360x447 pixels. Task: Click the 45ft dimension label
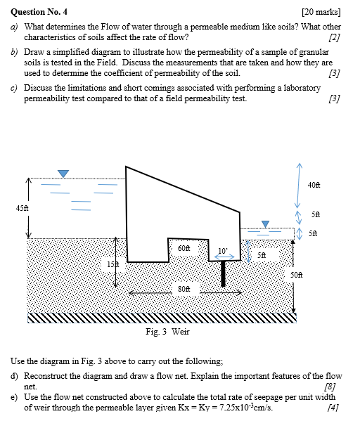click(x=22, y=208)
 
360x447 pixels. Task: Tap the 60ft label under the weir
click(x=184, y=248)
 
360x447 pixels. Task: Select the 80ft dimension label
click(x=184, y=289)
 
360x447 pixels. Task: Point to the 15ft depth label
click(x=112, y=264)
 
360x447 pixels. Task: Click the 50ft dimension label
click(x=297, y=275)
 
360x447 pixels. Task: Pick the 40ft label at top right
click(x=314, y=185)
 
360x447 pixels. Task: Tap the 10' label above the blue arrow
click(x=223, y=251)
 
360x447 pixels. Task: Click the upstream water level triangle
click(x=63, y=174)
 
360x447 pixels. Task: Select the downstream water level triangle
click(x=265, y=224)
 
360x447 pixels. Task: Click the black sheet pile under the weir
click(x=223, y=273)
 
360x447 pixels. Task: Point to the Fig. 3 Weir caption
click(x=167, y=332)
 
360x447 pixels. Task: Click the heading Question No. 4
click(x=39, y=12)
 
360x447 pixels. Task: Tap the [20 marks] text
click(x=321, y=12)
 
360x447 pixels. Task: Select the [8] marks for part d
click(x=330, y=387)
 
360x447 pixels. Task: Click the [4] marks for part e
click(x=333, y=408)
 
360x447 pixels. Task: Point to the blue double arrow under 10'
click(x=224, y=257)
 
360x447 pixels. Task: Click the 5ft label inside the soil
click(x=262, y=255)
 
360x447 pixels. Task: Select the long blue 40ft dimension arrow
click(x=298, y=186)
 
